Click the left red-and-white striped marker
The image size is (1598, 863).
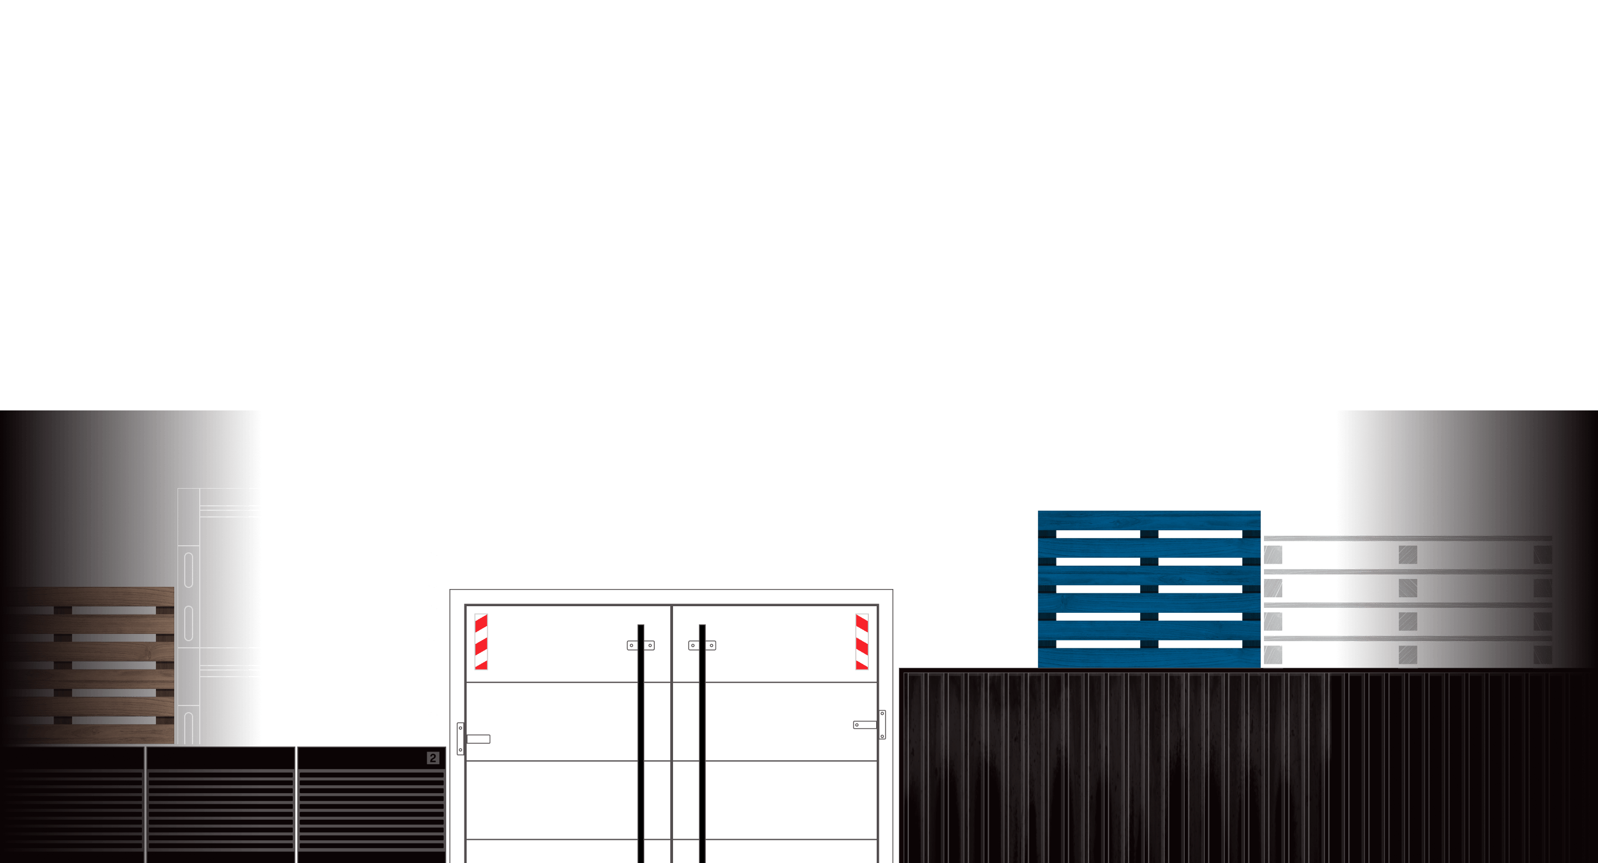click(481, 642)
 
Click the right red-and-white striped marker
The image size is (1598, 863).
click(862, 642)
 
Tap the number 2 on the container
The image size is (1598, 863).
click(433, 758)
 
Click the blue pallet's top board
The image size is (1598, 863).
click(1149, 520)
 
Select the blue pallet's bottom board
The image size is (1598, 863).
click(1149, 658)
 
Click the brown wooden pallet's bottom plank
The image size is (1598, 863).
click(87, 734)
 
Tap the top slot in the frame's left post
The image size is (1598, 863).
click(189, 570)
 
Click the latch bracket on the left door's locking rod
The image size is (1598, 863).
click(640, 646)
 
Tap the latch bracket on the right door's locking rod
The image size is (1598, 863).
click(702, 646)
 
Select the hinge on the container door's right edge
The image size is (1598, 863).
click(882, 725)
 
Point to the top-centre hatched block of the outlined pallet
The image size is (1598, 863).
click(1408, 555)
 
